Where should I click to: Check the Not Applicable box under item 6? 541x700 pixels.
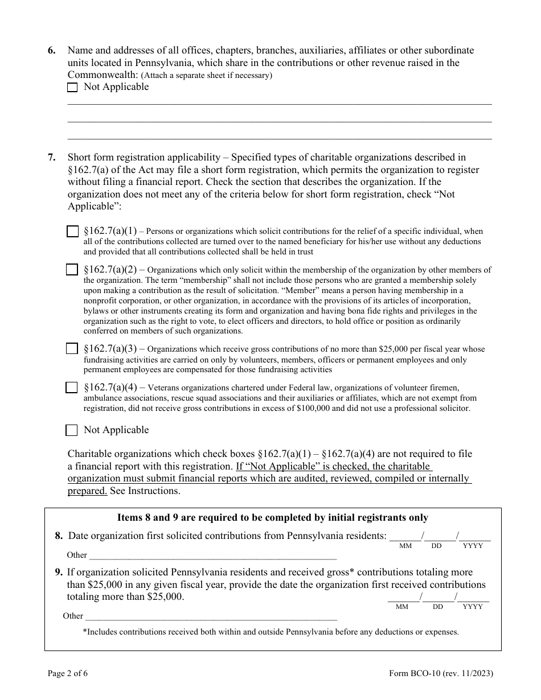[x=72, y=88]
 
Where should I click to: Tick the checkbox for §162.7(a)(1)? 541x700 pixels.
[x=72, y=232]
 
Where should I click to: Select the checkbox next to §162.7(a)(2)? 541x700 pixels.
[x=72, y=270]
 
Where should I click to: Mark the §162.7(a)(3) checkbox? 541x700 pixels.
[x=72, y=349]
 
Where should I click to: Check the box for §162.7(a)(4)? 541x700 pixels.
[x=72, y=388]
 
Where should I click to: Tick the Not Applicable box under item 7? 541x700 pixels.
[x=72, y=430]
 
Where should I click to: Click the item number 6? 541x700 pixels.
[x=52, y=51]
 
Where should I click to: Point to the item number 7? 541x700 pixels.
[x=52, y=158]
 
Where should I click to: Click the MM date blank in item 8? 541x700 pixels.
[x=405, y=537]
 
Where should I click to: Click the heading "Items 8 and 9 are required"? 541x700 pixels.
[x=272, y=518]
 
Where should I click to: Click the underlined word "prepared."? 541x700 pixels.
[x=87, y=491]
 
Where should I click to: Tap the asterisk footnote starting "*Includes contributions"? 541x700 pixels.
[x=270, y=632]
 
